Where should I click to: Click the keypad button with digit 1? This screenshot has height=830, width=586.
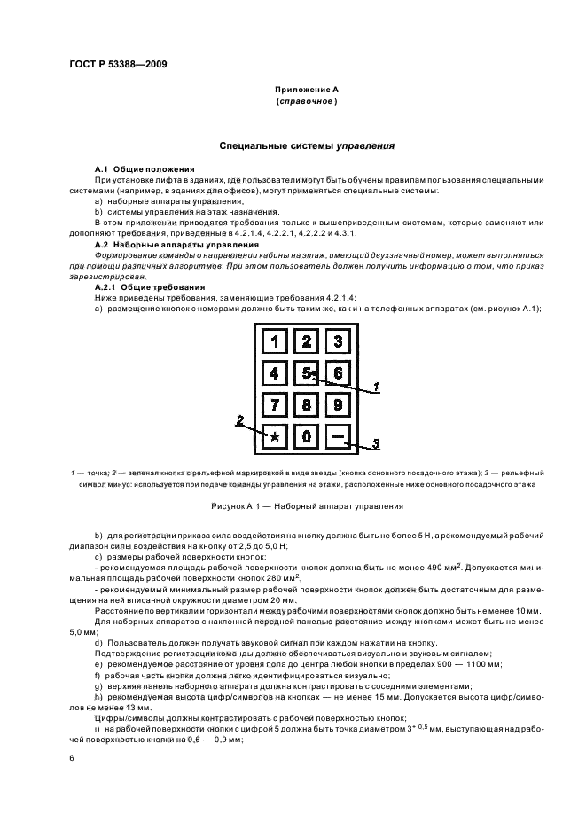[275, 341]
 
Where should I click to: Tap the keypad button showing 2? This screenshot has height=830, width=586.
[306, 341]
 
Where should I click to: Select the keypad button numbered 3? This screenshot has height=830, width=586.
[337, 341]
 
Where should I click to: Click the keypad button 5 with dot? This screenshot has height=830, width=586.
[307, 373]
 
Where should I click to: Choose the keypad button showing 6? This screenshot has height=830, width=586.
[337, 373]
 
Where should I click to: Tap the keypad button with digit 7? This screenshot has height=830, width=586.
[275, 405]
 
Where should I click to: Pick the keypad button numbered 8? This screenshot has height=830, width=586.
[306, 405]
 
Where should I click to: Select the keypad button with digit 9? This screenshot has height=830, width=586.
[337, 405]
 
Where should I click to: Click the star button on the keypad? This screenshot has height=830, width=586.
[275, 436]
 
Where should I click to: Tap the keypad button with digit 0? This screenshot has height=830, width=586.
[306, 436]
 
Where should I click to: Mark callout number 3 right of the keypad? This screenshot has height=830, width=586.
[375, 443]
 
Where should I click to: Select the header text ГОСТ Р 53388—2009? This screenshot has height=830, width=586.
[116, 64]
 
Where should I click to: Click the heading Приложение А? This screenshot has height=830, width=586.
[306, 90]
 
